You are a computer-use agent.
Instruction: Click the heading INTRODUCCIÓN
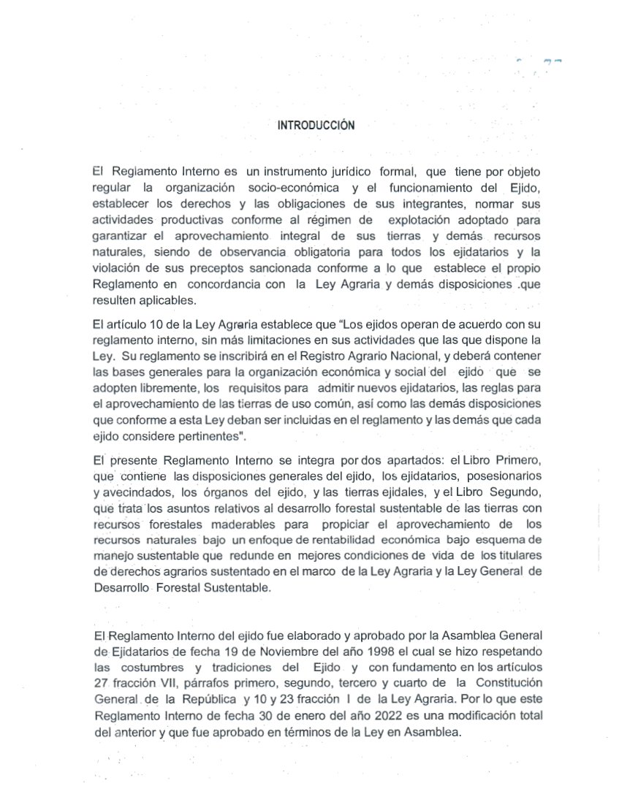(316, 126)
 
